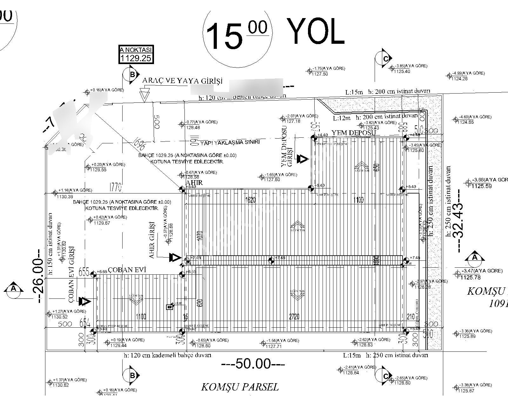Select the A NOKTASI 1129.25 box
coord(136,54)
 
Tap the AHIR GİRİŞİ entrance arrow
coord(175,257)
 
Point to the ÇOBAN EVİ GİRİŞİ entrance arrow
coord(85,301)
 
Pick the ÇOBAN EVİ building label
coord(127,270)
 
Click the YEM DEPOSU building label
coord(353,133)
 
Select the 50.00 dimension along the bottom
coord(253,364)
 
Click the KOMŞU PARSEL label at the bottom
coord(240,387)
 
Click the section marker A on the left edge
coord(13,289)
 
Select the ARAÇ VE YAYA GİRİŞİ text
coord(182,81)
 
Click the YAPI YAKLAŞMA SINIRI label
coord(230,142)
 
